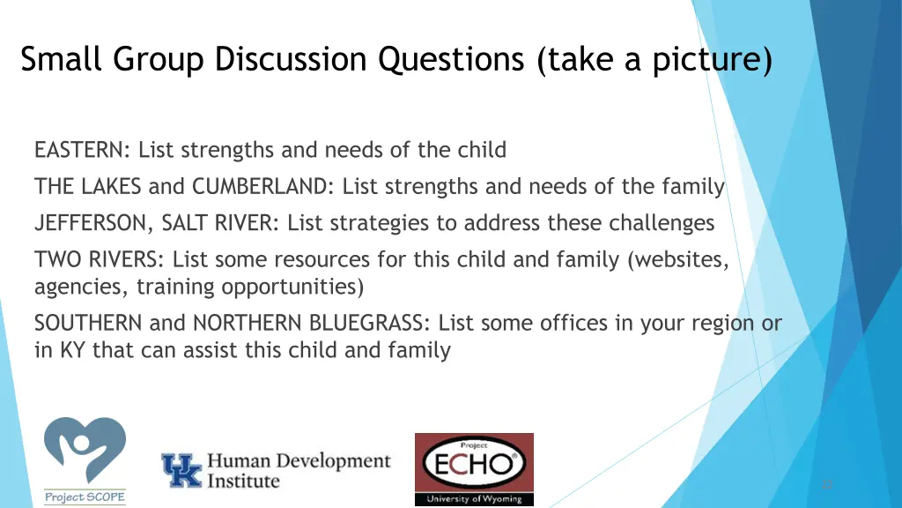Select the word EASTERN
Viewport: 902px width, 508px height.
[81, 151]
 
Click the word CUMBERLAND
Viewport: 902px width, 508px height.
[261, 187]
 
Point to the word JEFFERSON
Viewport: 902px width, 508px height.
[95, 223]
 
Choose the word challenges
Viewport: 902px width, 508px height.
[661, 223]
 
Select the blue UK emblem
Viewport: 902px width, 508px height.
[181, 471]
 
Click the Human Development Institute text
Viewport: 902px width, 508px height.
[298, 471]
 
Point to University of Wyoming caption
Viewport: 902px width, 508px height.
[474, 499]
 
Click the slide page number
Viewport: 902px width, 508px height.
[826, 484]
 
